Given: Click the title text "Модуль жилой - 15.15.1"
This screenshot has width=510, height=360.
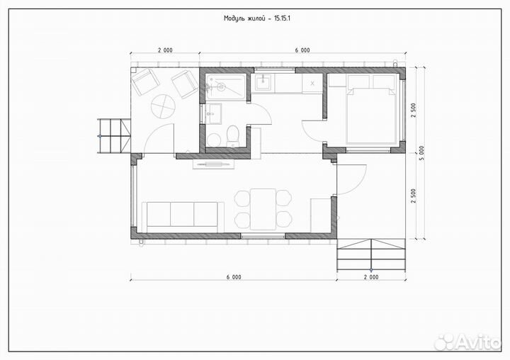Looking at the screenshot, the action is tap(256, 18).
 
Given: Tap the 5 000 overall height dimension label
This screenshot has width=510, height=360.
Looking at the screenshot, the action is tap(422, 154).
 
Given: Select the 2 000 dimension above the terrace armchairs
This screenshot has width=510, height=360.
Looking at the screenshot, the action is tap(165, 50).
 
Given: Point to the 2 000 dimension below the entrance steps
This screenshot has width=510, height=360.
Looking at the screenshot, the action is tap(371, 277).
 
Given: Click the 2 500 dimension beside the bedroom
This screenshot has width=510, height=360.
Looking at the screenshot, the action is tap(414, 111).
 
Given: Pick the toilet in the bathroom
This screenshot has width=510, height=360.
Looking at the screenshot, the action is tap(232, 136).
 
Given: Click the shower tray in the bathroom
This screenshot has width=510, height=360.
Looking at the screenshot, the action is tap(227, 87).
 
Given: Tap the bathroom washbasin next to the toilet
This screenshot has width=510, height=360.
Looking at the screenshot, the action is tap(213, 113).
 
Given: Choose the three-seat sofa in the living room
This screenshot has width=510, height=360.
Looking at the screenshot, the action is tap(183, 217).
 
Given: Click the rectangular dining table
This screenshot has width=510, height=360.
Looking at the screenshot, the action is tap(263, 209).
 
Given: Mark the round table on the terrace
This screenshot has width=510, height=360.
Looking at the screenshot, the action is tap(163, 106).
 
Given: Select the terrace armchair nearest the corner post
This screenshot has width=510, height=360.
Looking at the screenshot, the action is tap(144, 82).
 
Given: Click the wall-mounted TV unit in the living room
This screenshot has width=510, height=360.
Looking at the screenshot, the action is tap(213, 164).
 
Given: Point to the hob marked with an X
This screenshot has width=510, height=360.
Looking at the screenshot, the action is tap(312, 83).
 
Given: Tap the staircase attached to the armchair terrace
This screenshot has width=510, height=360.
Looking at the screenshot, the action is tap(113, 136).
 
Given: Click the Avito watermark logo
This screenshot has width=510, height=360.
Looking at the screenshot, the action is tap(467, 342).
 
